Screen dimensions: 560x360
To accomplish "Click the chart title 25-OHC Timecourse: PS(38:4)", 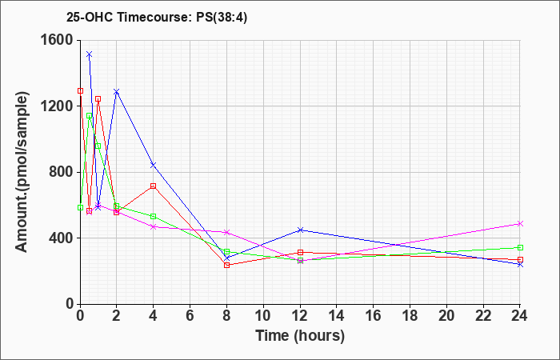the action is click(x=157, y=18).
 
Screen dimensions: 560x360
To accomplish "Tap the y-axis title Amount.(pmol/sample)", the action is click(x=22, y=172).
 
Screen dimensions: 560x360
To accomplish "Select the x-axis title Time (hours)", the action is click(x=300, y=336).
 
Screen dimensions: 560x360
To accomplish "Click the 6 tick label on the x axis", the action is click(x=190, y=316).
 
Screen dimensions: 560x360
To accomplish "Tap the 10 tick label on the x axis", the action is click(x=263, y=316).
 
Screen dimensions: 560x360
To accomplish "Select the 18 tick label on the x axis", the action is click(x=410, y=316).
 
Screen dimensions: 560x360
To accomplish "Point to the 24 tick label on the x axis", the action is click(x=519, y=316).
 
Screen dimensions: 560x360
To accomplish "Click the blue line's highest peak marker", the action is click(x=90, y=54).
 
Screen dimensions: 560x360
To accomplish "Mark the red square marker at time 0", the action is click(x=80, y=90).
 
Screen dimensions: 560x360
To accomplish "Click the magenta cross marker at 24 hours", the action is click(x=520, y=223).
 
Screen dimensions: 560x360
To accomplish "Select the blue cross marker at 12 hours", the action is click(x=300, y=230).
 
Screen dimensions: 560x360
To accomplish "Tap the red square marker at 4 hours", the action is click(x=154, y=186).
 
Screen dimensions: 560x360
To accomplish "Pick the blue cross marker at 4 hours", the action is click(x=154, y=165).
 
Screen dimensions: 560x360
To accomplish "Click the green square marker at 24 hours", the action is click(x=520, y=247).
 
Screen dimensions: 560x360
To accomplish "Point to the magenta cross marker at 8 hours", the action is click(x=226, y=233).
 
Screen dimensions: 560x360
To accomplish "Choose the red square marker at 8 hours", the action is click(x=226, y=265).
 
